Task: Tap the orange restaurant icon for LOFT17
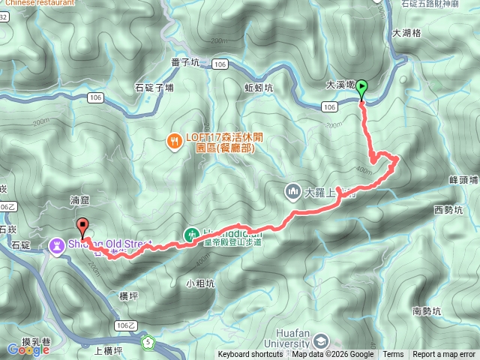[175, 139]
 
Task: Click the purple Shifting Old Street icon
[57, 244]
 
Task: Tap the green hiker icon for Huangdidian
[193, 235]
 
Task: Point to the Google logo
[22, 349]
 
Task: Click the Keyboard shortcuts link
[250, 355]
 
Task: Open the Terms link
[393, 355]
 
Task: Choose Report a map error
[444, 355]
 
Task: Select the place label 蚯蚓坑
[259, 88]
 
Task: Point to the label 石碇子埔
[154, 88]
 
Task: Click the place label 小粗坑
[200, 283]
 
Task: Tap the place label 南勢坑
[427, 310]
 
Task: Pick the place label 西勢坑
[448, 211]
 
